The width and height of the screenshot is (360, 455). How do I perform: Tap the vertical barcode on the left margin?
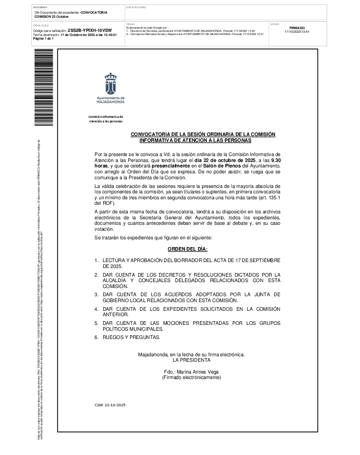pyautogui.click(x=44, y=87)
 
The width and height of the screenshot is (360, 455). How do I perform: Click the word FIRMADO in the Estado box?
pyautogui.click(x=297, y=28)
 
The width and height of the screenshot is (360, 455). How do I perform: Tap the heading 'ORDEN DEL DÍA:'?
pyautogui.click(x=187, y=249)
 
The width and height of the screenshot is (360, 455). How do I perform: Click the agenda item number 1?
pyautogui.click(x=96, y=260)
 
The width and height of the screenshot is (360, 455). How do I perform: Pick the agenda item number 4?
pyautogui.click(x=96, y=309)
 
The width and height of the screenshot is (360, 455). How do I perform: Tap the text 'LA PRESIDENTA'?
pyautogui.click(x=191, y=359)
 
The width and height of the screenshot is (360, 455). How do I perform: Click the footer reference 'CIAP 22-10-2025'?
pyautogui.click(x=110, y=405)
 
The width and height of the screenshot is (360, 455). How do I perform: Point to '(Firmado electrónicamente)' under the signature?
pyautogui.click(x=191, y=378)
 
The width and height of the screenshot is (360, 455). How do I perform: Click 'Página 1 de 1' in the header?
pyautogui.click(x=44, y=39)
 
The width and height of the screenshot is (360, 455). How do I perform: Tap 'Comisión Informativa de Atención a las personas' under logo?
pyautogui.click(x=106, y=119)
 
